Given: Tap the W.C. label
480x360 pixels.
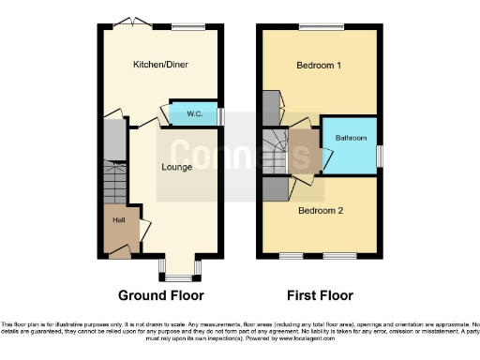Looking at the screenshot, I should [x=195, y=113].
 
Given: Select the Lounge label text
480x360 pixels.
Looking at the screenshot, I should [x=176, y=168].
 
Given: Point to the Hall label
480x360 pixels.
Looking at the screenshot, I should [x=119, y=220].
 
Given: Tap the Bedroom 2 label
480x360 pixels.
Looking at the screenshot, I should [x=321, y=210].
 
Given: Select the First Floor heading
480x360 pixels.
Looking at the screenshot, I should [x=320, y=295].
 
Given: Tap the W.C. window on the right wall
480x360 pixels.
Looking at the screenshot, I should [x=221, y=114].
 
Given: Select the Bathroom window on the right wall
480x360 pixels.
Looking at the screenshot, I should [x=379, y=153].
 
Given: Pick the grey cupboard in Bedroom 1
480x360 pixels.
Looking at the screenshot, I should [x=272, y=102].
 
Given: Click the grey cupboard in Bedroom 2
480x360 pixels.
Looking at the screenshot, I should [x=276, y=187].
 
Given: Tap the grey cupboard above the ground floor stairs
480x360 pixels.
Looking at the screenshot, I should [x=113, y=138].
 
